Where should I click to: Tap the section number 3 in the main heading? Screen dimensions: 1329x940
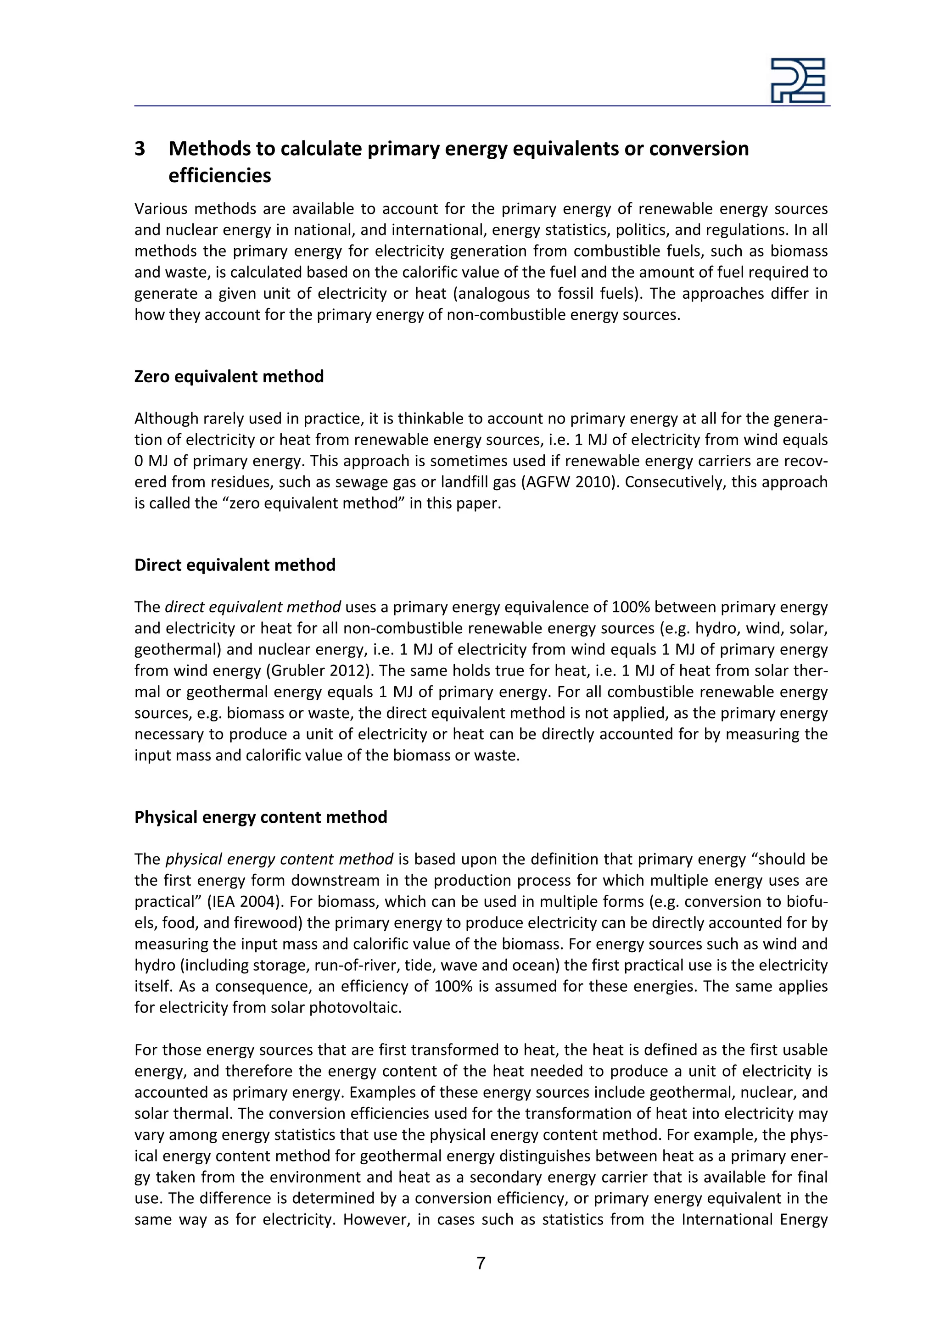coord(140,149)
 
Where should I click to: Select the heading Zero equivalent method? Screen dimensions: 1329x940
coord(229,376)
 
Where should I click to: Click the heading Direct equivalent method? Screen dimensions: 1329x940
coord(235,565)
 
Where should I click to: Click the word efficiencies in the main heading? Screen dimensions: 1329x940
coord(219,175)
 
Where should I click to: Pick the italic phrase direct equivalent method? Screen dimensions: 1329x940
coord(252,607)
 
